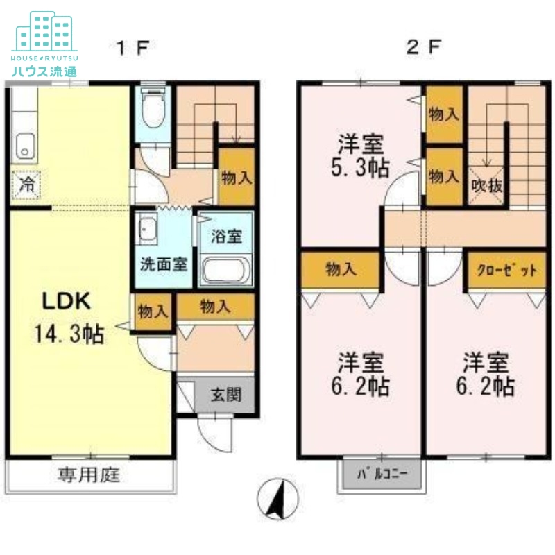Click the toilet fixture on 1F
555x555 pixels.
pos(153,108)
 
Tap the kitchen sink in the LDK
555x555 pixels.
pos(25,146)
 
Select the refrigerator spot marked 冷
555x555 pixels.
pos(26,185)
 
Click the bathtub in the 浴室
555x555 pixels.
pos(225,271)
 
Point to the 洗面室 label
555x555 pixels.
pos(164,264)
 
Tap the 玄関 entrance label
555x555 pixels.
pos(226,394)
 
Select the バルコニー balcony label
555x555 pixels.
pos(382,474)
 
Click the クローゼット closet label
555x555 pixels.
pos(507,270)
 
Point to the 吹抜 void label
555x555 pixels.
pos(487,185)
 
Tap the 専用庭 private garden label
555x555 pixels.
pos(89,475)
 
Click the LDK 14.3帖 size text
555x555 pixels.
pos(69,334)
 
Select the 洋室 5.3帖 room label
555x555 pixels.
pos(361,155)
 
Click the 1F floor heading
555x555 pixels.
pos(133,48)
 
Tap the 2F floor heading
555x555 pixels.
pos(424,46)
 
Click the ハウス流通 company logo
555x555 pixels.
pos(44,44)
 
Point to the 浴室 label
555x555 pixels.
pos(227,236)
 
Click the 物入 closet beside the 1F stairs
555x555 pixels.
pos(237,177)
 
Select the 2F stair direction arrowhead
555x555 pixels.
pos(487,163)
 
